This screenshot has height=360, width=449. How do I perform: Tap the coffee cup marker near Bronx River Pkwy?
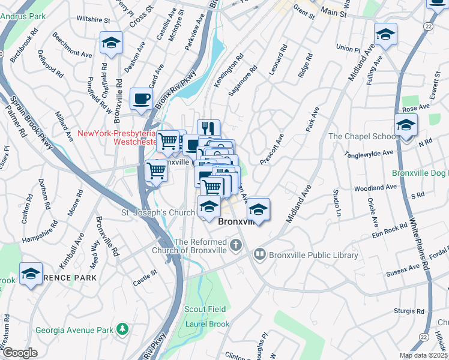[141, 99]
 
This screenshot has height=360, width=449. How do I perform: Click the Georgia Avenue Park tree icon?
[122, 329]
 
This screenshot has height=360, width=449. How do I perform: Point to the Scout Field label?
[205, 309]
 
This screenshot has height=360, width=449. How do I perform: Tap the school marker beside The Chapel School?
[406, 126]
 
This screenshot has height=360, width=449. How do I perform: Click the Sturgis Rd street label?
[410, 311]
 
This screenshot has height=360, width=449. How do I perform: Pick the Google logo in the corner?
[19, 353]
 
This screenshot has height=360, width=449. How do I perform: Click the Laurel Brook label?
[206, 324]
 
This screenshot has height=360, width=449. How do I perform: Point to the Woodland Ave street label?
[375, 188]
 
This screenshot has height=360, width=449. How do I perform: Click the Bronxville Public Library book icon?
[259, 254]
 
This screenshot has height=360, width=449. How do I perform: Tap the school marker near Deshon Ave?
[110, 43]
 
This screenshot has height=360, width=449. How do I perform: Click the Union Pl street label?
[348, 47]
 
